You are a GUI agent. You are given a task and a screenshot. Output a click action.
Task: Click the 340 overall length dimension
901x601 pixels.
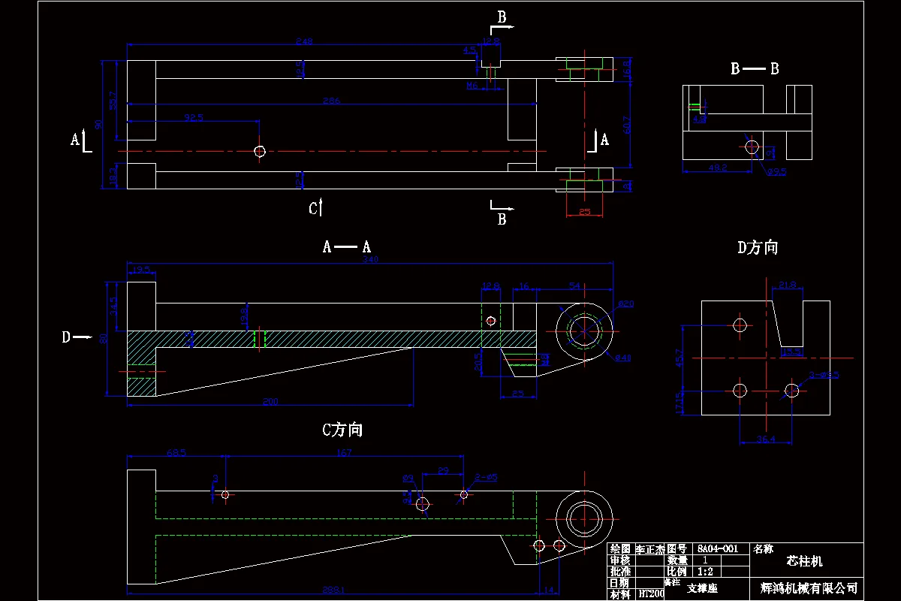pos(370,260)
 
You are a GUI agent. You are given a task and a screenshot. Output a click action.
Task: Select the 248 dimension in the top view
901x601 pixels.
pos(304,41)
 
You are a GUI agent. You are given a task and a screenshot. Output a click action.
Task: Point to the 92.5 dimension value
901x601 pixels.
pos(194,118)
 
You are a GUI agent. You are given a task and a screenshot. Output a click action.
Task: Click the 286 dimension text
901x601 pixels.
pos(331,101)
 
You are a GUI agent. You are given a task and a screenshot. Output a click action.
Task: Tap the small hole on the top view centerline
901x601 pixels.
pos(260,152)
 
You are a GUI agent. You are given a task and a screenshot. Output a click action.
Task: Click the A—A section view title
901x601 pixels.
pos(347,246)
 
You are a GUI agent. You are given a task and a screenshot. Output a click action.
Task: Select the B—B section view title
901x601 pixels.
pos(755,69)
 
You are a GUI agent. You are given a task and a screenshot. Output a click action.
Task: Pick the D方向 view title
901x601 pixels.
pos(758,248)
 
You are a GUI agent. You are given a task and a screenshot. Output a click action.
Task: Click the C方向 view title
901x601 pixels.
pos(342,430)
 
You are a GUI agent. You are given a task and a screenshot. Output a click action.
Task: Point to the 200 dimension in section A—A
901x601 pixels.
pos(270,402)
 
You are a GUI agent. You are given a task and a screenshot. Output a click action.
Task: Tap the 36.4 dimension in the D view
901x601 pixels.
pos(765,439)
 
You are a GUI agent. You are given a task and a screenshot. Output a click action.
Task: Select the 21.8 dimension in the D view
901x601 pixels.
pos(788,285)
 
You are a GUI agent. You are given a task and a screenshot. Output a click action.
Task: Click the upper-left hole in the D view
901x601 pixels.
pos(740,325)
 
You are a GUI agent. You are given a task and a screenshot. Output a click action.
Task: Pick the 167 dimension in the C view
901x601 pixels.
pos(344,452)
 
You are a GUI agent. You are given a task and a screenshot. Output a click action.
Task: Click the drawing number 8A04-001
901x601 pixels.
pos(717,549)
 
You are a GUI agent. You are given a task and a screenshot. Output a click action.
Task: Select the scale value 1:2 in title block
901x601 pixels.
pos(705,571)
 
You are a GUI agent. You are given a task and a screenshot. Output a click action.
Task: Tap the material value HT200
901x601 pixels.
pos(651,593)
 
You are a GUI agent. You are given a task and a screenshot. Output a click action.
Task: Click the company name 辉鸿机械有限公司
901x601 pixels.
pos(808,588)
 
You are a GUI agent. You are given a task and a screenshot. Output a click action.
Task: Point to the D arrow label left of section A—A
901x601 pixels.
pos(67,337)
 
